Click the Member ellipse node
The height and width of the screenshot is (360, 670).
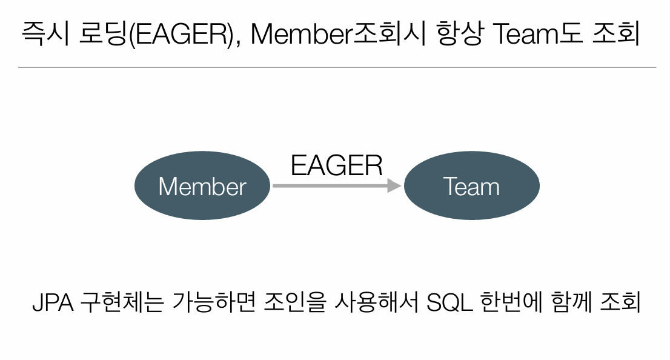[202, 186]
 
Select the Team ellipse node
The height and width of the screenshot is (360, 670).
[471, 186]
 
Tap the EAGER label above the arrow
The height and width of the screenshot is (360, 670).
[337, 165]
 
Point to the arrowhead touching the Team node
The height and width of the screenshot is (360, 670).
[394, 186]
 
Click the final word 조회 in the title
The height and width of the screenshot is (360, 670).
[618, 35]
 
